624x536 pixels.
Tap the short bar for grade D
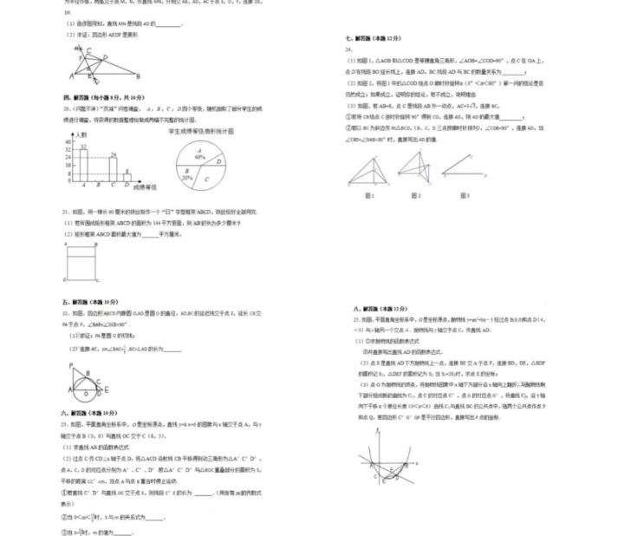pos(127,176)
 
